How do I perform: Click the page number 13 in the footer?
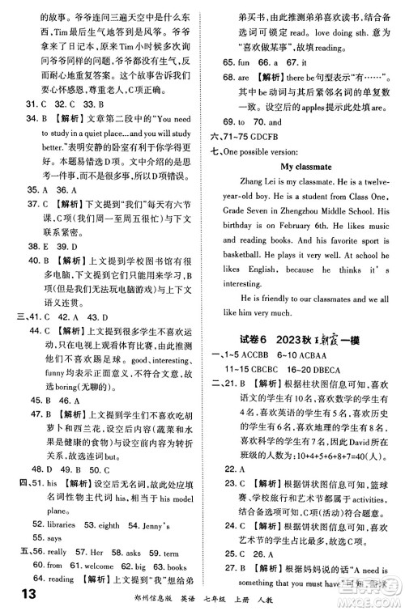(18, 596)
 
